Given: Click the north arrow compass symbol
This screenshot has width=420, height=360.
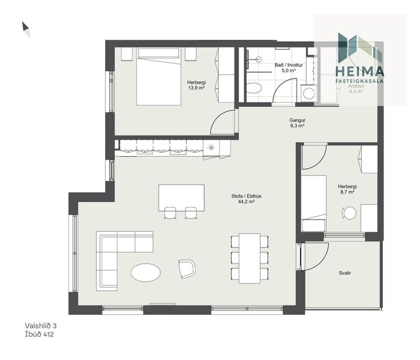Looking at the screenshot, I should pyautogui.click(x=26, y=29).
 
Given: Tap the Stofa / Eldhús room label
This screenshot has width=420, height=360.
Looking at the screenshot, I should pyautogui.click(x=246, y=196).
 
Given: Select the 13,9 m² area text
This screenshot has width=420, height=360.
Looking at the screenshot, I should pyautogui.click(x=196, y=88).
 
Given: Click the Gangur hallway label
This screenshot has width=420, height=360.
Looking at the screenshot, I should pyautogui.click(x=297, y=121).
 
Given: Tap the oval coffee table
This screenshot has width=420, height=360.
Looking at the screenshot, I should pyautogui.click(x=145, y=272).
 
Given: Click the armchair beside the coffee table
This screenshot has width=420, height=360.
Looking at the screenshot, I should pyautogui.click(x=187, y=268).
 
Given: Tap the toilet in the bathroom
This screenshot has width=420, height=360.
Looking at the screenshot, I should pyautogui.click(x=254, y=89).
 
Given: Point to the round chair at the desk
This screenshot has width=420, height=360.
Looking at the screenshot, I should pyautogui.click(x=349, y=213).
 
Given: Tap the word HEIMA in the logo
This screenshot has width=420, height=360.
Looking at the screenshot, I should pyautogui.click(x=360, y=71).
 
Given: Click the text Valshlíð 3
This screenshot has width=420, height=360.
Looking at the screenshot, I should pyautogui.click(x=45, y=326).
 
